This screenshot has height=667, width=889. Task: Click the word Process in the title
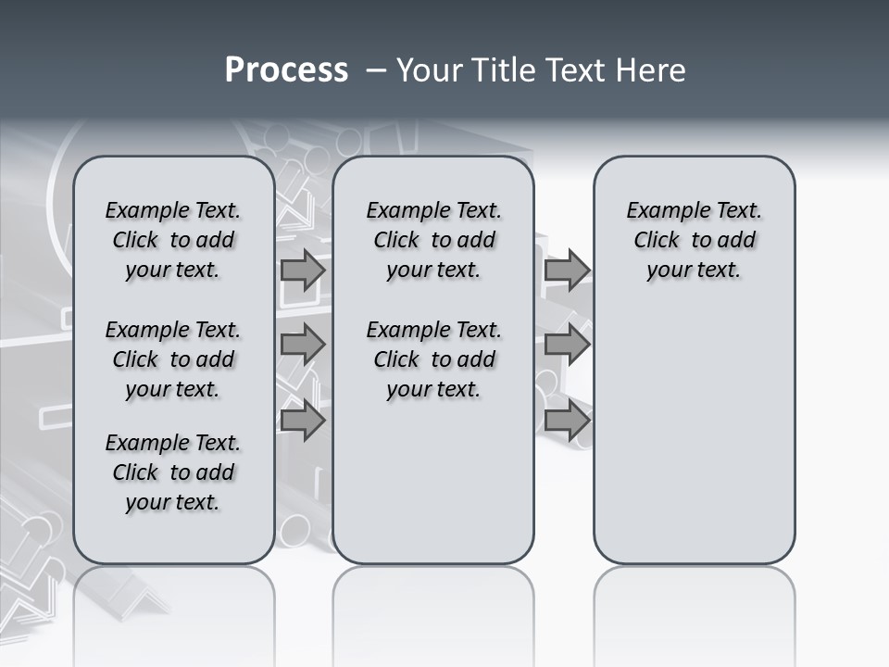point(286,70)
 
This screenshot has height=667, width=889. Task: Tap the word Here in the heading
point(652,70)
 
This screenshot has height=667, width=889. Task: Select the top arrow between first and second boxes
point(303,271)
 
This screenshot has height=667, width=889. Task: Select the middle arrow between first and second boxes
point(303,345)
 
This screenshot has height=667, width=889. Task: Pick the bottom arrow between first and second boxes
point(303,422)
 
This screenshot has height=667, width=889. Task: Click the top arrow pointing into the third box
point(567,271)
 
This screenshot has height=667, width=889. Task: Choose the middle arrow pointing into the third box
point(567,345)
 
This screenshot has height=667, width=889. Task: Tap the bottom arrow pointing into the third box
point(567,422)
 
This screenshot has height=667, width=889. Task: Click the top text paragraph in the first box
point(173,240)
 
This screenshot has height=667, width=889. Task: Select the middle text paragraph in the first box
point(173,359)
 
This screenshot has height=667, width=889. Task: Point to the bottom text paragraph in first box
point(173,472)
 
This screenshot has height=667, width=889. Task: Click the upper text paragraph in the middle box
point(433,240)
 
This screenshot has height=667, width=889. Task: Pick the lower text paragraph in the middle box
point(433,359)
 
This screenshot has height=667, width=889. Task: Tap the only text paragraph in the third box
point(695,240)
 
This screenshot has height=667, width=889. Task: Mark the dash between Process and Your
point(376,70)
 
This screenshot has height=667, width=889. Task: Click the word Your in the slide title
point(428,70)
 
